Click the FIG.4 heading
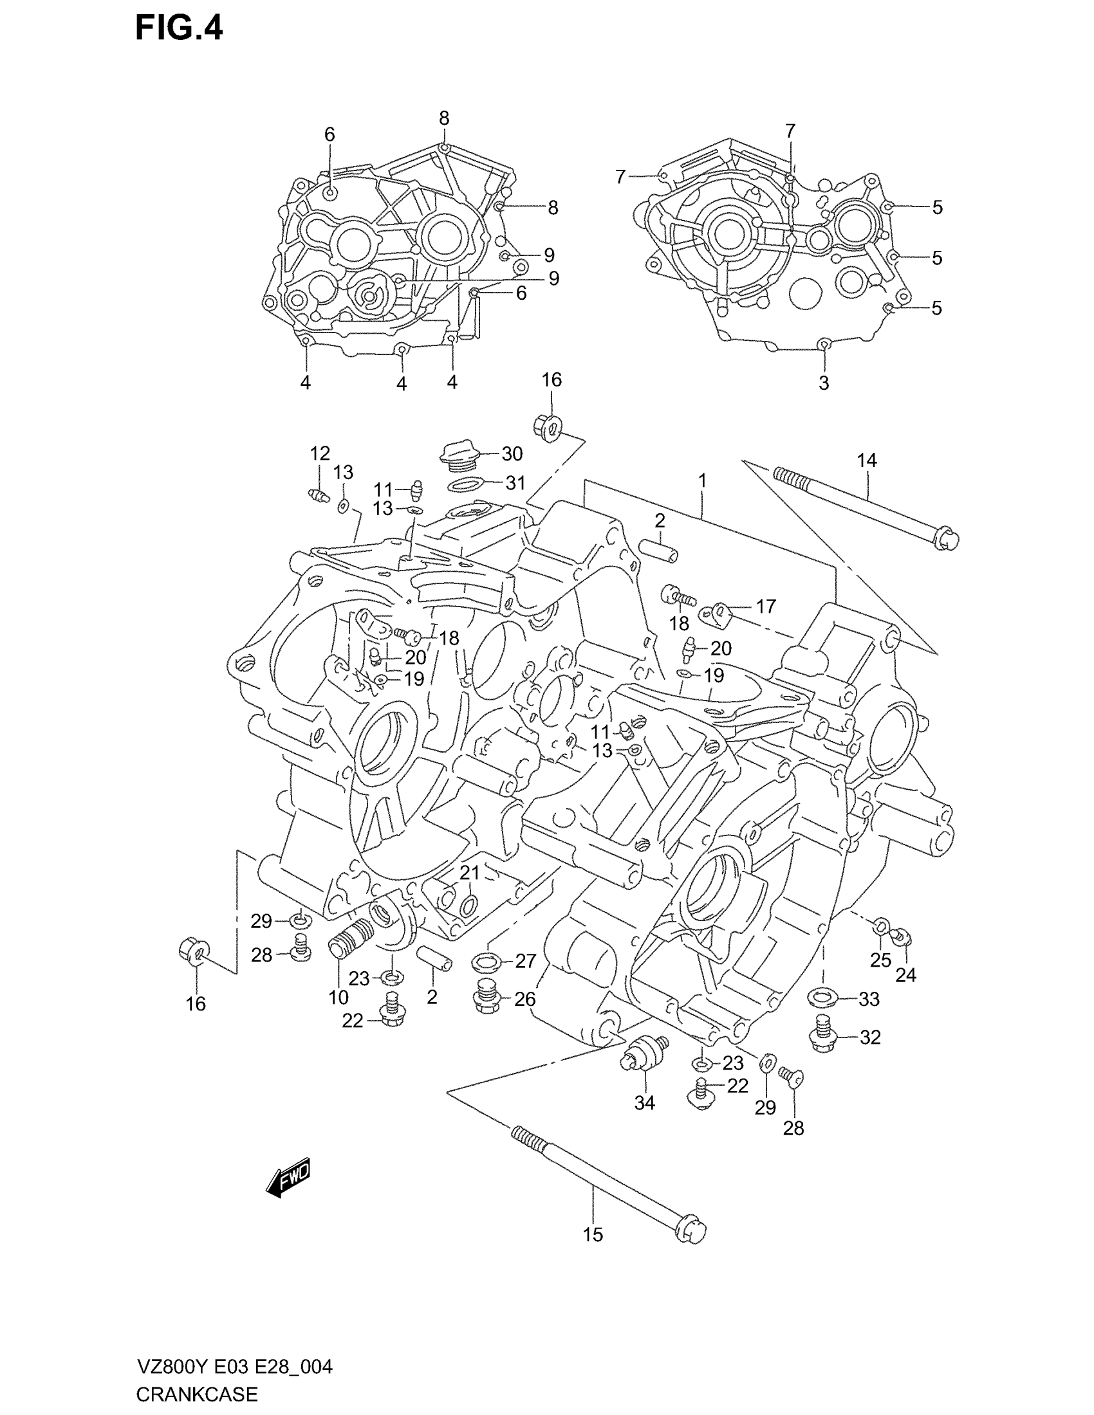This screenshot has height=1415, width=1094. [x=179, y=29]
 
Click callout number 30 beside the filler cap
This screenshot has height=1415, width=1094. [x=512, y=454]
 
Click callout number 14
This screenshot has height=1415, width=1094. [x=867, y=460]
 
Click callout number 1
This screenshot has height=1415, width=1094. [x=702, y=481]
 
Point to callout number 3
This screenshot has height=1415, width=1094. [x=824, y=383]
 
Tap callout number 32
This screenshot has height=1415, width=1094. [x=871, y=1037]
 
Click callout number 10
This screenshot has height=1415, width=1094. [x=338, y=997]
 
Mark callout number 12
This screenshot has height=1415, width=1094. [x=320, y=453]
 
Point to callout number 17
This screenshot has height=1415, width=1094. [x=765, y=607]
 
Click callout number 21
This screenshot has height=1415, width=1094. [x=470, y=873]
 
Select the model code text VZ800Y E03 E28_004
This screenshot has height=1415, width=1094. [x=234, y=1367]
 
